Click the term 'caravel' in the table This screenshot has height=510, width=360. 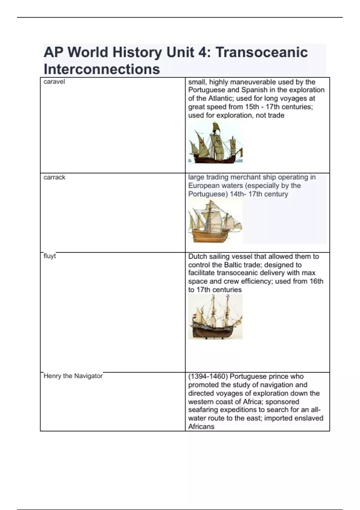point(54,82)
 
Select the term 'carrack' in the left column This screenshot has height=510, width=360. point(54,177)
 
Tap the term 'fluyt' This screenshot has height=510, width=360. point(49,256)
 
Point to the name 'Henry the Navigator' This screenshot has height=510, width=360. point(73,376)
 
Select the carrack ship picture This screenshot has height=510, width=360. point(215,221)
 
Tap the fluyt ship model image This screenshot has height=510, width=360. point(215,317)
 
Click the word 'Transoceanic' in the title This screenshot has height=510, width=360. point(262,52)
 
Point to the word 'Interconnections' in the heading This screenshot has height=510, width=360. point(102,69)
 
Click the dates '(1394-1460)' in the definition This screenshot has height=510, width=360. point(208,376)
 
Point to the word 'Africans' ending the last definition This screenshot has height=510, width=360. point(201,427)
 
